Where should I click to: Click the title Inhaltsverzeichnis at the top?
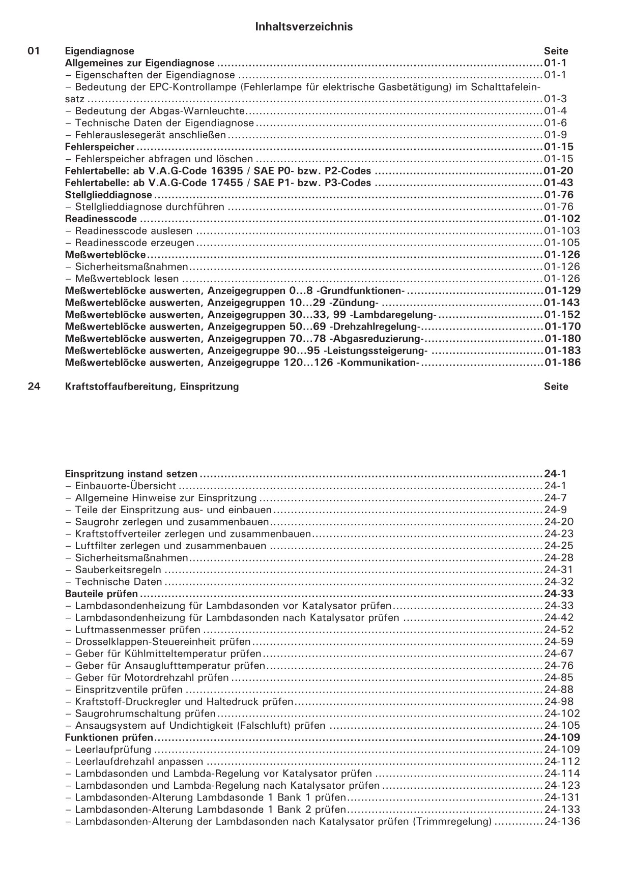(x=304, y=27)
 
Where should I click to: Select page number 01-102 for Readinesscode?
(x=562, y=219)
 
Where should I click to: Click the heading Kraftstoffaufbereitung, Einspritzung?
(x=152, y=386)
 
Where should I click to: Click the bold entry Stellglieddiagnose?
(x=108, y=195)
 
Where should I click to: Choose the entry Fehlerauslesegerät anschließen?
(x=150, y=135)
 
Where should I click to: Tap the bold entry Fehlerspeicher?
(x=100, y=147)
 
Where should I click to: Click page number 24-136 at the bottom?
(x=562, y=821)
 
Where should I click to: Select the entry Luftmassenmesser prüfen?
(x=137, y=630)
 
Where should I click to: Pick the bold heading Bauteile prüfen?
(x=101, y=593)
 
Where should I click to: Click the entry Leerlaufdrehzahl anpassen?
(x=138, y=761)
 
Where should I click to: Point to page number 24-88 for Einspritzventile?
(x=558, y=690)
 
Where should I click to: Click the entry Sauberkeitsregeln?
(x=118, y=570)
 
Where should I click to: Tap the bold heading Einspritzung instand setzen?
(x=131, y=474)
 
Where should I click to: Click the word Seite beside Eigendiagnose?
(x=556, y=51)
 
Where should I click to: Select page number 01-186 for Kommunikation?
(x=562, y=363)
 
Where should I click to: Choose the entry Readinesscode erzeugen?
(x=134, y=243)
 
